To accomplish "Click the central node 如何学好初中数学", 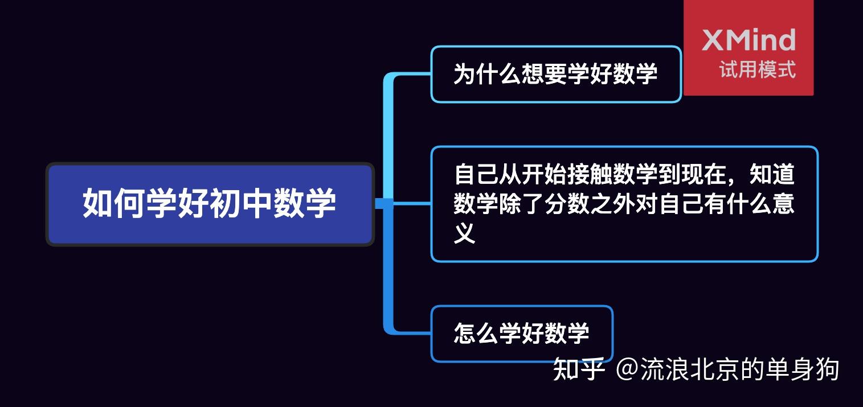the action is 210,204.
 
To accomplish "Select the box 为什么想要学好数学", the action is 555,74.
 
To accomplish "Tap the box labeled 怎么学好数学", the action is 521,334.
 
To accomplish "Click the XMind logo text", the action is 748,40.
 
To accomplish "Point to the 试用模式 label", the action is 757,70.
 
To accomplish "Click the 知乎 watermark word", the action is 579,369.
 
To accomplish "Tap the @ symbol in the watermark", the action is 627,369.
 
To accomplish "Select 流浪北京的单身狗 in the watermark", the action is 740,369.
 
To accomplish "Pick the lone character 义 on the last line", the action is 465,233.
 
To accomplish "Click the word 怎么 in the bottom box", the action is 476,334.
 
